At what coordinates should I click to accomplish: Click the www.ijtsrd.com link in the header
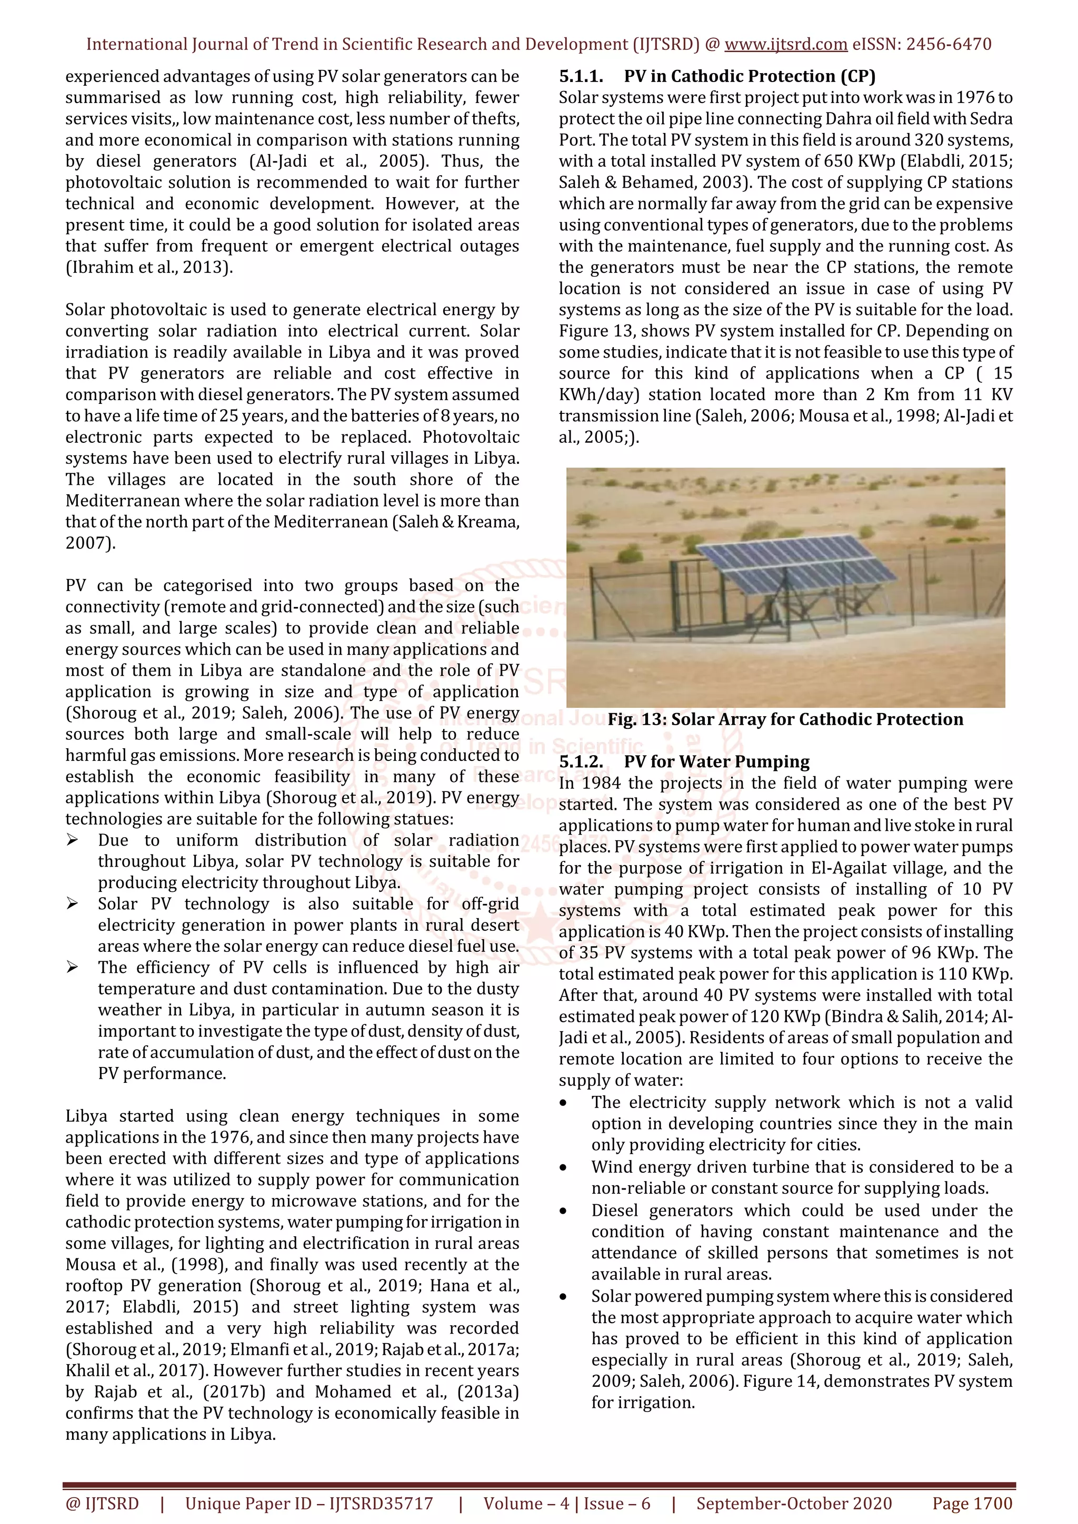pyautogui.click(x=785, y=45)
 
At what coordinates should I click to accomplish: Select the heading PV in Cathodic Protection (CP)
pyautogui.click(x=749, y=76)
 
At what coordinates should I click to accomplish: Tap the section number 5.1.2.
pyautogui.click(x=581, y=761)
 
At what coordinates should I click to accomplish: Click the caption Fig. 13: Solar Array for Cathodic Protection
pyautogui.click(x=785, y=719)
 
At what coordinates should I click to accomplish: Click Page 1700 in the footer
pyautogui.click(x=972, y=1503)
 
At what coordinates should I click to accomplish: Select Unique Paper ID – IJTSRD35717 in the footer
pyautogui.click(x=309, y=1503)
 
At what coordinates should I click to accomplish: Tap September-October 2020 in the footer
pyautogui.click(x=794, y=1503)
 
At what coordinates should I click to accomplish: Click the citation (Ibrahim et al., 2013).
pyautogui.click(x=149, y=268)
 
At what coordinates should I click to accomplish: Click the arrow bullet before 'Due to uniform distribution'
pyautogui.click(x=73, y=840)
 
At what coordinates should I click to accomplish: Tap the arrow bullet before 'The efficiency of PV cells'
pyautogui.click(x=73, y=968)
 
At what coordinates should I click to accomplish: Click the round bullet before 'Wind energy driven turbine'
pyautogui.click(x=563, y=1167)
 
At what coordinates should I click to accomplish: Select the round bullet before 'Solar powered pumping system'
pyautogui.click(x=563, y=1297)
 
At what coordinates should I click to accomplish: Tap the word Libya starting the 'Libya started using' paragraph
pyautogui.click(x=87, y=1116)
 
